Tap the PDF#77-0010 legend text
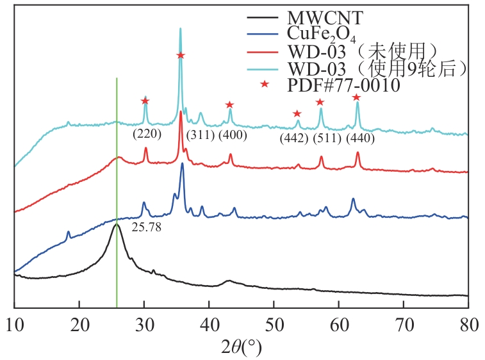344,85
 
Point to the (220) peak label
147,134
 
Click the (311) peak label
200,135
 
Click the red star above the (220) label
145,101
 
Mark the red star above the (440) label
356,97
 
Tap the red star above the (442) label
297,114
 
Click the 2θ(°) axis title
241,348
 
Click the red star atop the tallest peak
181,55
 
